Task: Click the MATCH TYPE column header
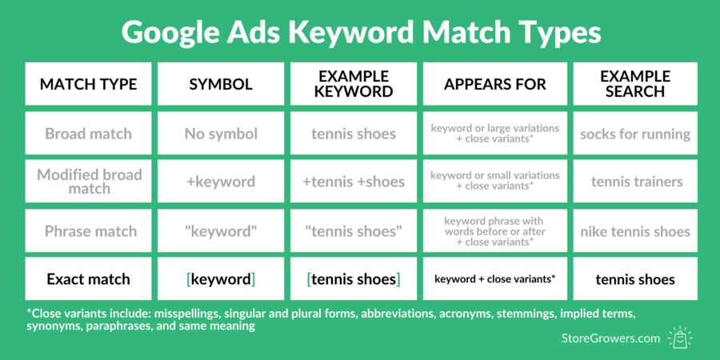88,84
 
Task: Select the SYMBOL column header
221,84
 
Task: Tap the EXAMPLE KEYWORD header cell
354,84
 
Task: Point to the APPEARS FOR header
495,84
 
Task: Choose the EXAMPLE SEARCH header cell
635,84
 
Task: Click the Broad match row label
88,133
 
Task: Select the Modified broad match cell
88,182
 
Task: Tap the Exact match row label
88,278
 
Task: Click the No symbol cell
221,133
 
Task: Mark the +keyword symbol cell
221,182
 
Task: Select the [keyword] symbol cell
221,278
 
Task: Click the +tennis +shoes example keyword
354,182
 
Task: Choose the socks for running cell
635,133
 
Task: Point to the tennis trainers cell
635,182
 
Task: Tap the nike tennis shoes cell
635,230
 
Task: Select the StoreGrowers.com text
610,339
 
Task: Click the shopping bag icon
681,338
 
